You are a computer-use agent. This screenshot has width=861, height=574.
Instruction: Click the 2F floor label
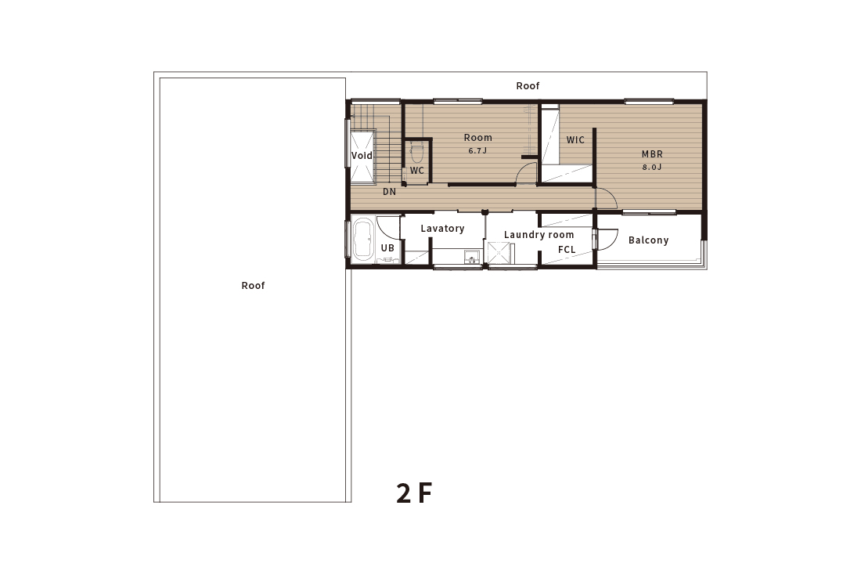pyautogui.click(x=414, y=493)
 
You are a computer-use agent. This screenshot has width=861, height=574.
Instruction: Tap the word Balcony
pyautogui.click(x=649, y=240)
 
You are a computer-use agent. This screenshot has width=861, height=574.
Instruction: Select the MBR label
pyautogui.click(x=652, y=154)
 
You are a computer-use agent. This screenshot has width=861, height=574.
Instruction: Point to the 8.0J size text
pyautogui.click(x=652, y=167)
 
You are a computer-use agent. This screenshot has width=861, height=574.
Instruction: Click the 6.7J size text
pyautogui.click(x=477, y=150)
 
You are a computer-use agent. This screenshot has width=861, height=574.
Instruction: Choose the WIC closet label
pyautogui.click(x=575, y=140)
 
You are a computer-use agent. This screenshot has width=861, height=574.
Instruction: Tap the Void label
pyautogui.click(x=362, y=156)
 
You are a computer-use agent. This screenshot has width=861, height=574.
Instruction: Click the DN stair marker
pyautogui.click(x=389, y=192)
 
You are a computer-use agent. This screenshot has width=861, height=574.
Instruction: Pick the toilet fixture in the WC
pyautogui.click(x=416, y=150)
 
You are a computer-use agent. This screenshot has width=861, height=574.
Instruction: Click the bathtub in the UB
pyautogui.click(x=362, y=240)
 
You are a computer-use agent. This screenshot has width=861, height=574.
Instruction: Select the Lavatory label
pyautogui.click(x=442, y=229)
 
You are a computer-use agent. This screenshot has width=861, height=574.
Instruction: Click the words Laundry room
pyautogui.click(x=539, y=235)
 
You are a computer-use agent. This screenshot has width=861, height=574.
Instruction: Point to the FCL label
pyautogui.click(x=567, y=249)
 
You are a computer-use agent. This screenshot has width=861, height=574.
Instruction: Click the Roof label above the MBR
pyautogui.click(x=528, y=85)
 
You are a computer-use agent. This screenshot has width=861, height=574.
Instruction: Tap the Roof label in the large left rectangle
pyautogui.click(x=253, y=286)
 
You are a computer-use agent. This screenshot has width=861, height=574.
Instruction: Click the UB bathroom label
pyautogui.click(x=387, y=248)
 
